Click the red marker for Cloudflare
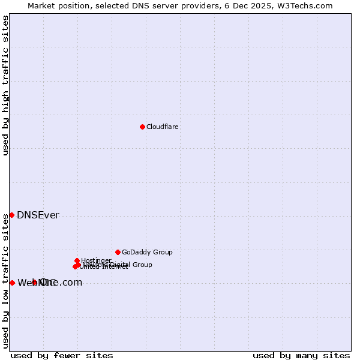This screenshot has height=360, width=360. coord(142,127)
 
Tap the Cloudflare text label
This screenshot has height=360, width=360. coord(163,127)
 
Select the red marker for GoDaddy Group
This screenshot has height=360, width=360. coord(118,252)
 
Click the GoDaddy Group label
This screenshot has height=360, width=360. coord(147,252)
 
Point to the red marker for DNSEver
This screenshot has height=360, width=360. coord(11,215)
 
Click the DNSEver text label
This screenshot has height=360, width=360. coord(38,215)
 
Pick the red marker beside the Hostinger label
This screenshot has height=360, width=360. coord(77,260)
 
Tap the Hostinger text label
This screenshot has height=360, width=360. coord(96,260)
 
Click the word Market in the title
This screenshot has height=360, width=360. coord(41,5)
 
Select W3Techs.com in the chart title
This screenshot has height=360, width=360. coord(309,5)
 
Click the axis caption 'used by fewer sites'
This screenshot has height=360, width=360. coord(62,355)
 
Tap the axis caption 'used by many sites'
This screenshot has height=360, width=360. coord(301,355)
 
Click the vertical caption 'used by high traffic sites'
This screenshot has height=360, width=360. coord(5,85)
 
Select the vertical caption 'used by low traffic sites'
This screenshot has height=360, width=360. coord(5,281)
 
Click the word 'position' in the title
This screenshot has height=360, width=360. coord(76,5)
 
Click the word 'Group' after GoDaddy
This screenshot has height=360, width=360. coord(163,252)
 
